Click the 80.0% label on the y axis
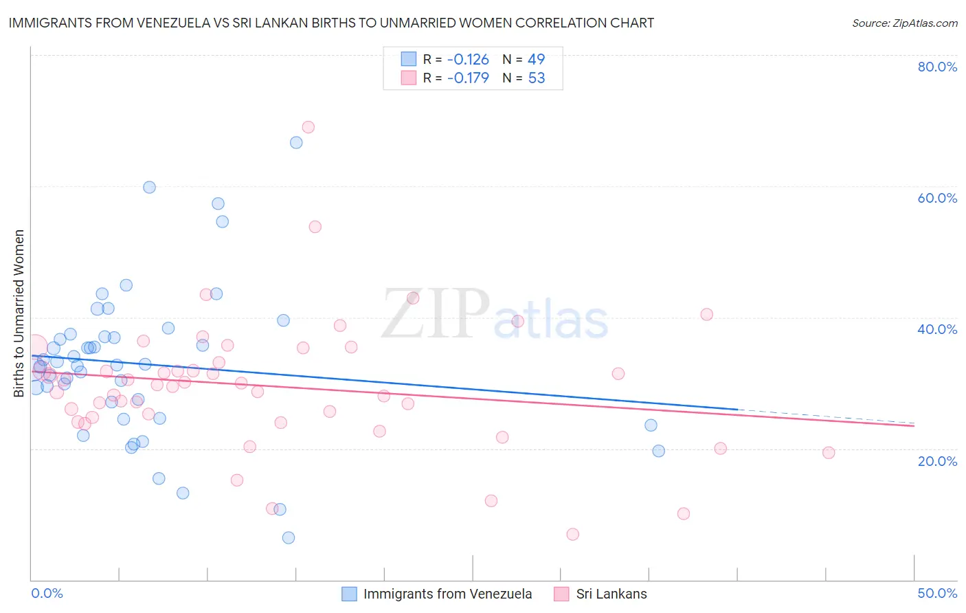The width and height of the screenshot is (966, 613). coord(937,67)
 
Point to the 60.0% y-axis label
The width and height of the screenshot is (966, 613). coord(937,198)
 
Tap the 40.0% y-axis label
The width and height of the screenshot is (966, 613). coord(937,329)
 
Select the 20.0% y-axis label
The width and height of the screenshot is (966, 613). coord(937,460)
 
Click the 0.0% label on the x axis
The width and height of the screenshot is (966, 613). coord(47,593)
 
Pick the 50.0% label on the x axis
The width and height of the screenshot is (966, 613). coord(937,593)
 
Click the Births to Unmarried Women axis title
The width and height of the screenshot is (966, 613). coord(19,313)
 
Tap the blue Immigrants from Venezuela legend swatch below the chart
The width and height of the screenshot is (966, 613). coord(349,594)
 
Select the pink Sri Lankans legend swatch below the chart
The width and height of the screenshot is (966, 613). coord(561,594)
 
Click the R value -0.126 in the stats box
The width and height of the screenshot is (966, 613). coord(468,59)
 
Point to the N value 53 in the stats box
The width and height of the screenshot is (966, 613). coord(537,78)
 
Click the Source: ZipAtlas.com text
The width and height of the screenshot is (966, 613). coord(904,23)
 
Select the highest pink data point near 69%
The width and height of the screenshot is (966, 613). coord(308,127)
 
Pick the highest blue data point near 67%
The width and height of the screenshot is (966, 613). coord(296,142)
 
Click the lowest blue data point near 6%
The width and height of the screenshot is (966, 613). coord(289,537)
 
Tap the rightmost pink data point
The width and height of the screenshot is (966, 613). coord(829,452)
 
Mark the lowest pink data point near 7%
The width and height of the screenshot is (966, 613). coord(572,534)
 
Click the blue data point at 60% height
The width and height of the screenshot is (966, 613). coord(149,187)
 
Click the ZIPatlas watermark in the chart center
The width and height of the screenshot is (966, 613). coord(495,315)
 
